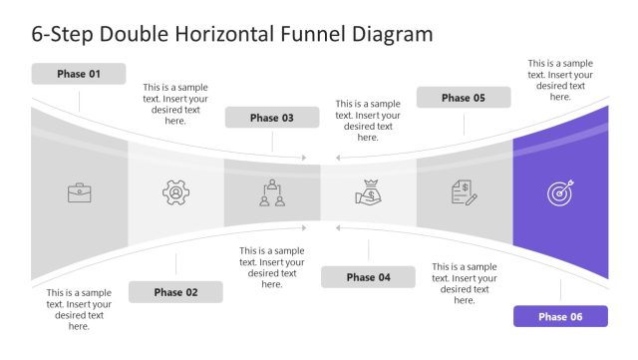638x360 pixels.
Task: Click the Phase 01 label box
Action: click(x=79, y=74)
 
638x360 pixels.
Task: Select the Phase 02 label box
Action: click(x=175, y=292)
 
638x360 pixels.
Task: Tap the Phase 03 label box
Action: click(x=271, y=118)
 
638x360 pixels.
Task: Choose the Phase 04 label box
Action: click(x=368, y=277)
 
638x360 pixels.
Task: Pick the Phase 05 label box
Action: click(x=464, y=98)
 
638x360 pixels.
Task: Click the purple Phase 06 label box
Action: click(x=559, y=316)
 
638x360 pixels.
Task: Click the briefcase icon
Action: click(x=79, y=192)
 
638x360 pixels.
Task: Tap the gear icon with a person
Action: click(x=175, y=192)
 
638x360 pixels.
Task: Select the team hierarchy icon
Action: click(x=271, y=192)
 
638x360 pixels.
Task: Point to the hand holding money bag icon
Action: click(x=368, y=192)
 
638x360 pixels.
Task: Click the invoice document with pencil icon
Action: click(x=464, y=192)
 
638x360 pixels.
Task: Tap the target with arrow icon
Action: click(x=559, y=192)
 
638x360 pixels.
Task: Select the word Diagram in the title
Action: click(x=392, y=34)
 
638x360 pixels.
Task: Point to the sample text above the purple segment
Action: click(x=559, y=80)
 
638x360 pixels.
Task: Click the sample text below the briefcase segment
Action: click(x=79, y=309)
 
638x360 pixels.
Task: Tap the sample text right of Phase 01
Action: click(x=175, y=104)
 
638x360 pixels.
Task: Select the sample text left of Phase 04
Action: click(x=271, y=267)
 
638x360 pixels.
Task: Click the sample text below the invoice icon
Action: click(x=464, y=283)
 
